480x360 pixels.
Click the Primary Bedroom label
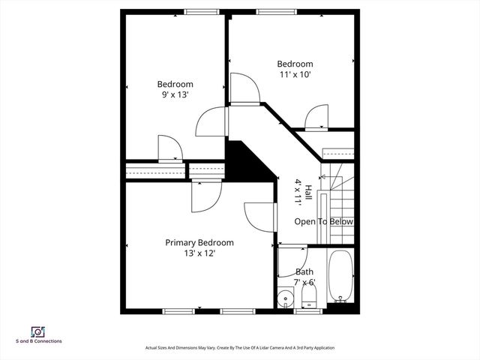[x=199, y=242]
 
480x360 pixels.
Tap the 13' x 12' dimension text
[x=199, y=253]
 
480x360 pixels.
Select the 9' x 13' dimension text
[x=175, y=94]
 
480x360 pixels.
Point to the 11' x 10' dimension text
[x=295, y=74]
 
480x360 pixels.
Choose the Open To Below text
[x=323, y=222]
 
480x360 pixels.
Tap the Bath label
[x=304, y=272]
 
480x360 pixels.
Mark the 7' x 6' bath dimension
[x=305, y=283]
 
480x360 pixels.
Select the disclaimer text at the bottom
[x=240, y=348]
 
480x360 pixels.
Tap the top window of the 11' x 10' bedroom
[x=269, y=11]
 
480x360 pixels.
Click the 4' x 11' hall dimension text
[x=298, y=192]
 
